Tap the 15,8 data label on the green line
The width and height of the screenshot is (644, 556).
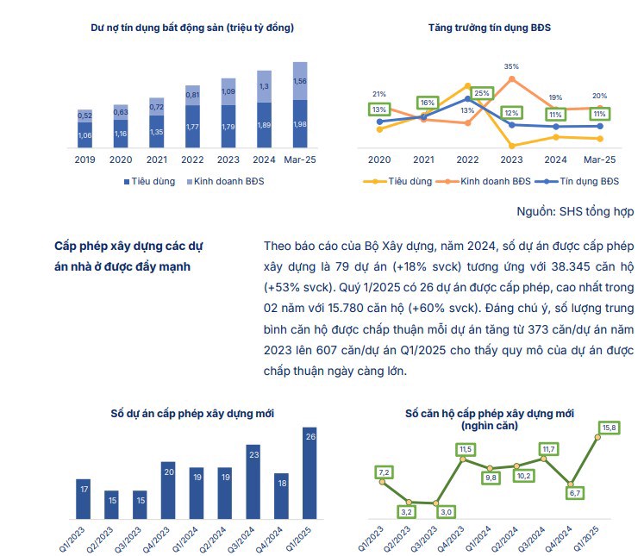point(609,428)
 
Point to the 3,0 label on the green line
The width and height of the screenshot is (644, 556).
point(447,512)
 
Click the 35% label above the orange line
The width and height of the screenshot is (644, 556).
point(511,66)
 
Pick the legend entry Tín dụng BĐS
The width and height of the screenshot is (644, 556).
point(583,181)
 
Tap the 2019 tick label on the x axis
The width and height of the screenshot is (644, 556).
point(85,159)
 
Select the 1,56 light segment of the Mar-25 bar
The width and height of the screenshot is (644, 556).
point(300,81)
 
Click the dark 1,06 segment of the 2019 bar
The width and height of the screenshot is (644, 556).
point(85,134)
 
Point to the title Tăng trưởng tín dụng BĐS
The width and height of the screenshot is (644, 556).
point(489,28)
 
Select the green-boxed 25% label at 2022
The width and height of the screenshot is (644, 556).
point(482,93)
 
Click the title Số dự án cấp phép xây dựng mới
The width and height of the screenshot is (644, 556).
point(192,415)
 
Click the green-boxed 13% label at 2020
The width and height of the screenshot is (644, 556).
point(379,110)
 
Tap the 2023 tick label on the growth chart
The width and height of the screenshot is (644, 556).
point(511,159)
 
